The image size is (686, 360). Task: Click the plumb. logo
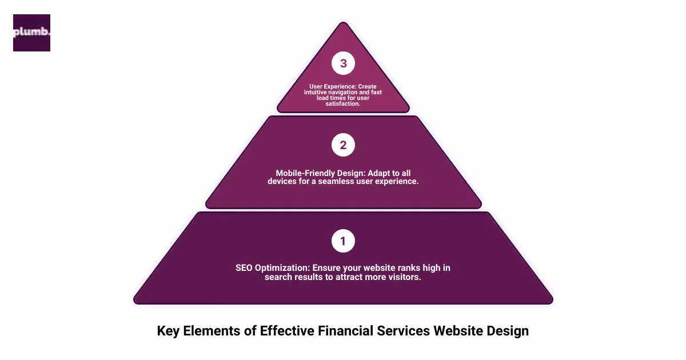point(31,33)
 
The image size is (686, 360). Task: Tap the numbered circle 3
point(343,63)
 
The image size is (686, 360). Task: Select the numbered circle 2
point(343,145)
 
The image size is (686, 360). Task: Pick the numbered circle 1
point(343,241)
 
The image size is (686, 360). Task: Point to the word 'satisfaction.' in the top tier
point(343,104)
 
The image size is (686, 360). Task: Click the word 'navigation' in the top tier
point(346,93)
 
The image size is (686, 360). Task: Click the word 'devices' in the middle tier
point(282,181)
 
